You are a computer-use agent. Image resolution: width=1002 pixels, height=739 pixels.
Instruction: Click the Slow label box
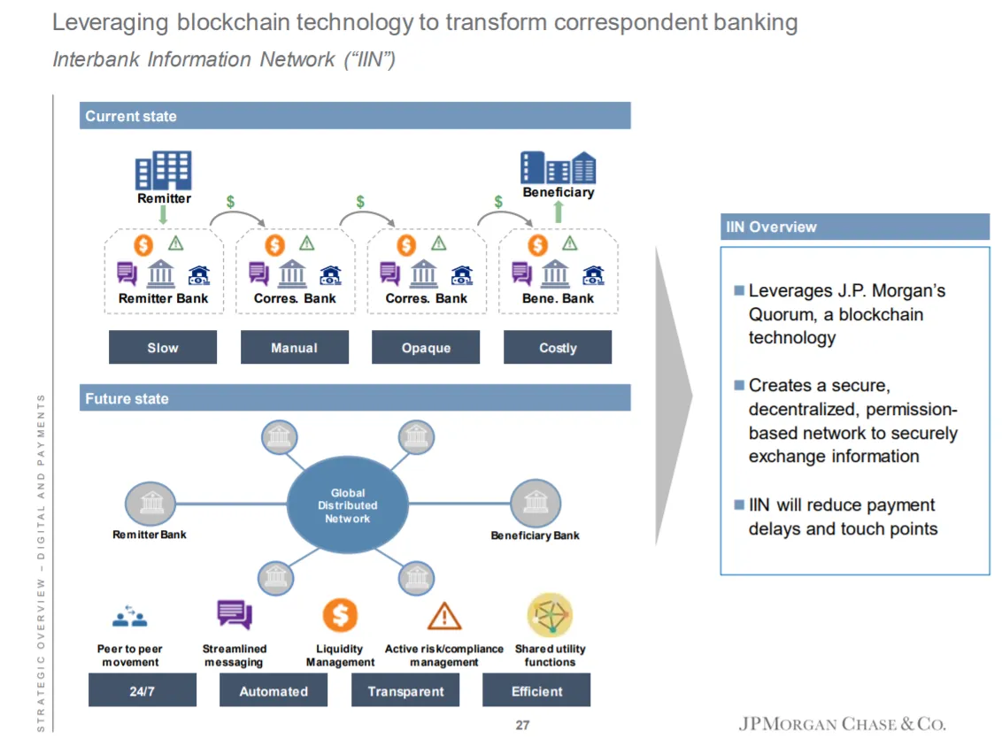tap(162, 347)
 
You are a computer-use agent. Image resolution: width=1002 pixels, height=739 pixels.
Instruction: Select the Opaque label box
tap(426, 347)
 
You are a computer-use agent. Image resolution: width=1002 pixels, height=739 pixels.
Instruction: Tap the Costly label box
tap(558, 347)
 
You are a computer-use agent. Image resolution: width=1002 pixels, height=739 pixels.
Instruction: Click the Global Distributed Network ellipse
tap(348, 504)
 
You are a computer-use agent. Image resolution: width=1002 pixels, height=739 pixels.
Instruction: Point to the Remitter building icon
tap(164, 170)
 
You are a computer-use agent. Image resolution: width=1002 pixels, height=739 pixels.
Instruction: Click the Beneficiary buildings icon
tap(558, 167)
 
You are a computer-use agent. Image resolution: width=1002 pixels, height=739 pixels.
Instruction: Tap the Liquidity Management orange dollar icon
tap(340, 615)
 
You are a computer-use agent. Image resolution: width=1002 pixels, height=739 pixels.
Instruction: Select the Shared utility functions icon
tap(551, 615)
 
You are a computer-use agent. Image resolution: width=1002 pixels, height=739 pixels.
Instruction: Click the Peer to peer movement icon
tap(130, 616)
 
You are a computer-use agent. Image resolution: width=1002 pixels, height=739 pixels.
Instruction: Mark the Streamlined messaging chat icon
tap(235, 614)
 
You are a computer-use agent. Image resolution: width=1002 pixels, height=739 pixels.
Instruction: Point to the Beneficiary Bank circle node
tap(536, 504)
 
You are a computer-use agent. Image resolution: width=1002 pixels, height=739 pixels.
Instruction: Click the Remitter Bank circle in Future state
tap(150, 504)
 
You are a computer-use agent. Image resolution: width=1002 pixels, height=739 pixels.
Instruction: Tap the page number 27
tap(523, 725)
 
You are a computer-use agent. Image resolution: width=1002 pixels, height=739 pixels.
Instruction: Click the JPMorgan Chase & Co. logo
tap(843, 724)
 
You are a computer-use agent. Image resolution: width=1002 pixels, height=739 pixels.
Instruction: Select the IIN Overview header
tap(855, 227)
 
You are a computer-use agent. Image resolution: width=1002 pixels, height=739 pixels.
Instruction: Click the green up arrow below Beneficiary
tap(559, 212)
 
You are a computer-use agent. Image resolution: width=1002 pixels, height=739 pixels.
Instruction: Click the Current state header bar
tap(355, 116)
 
